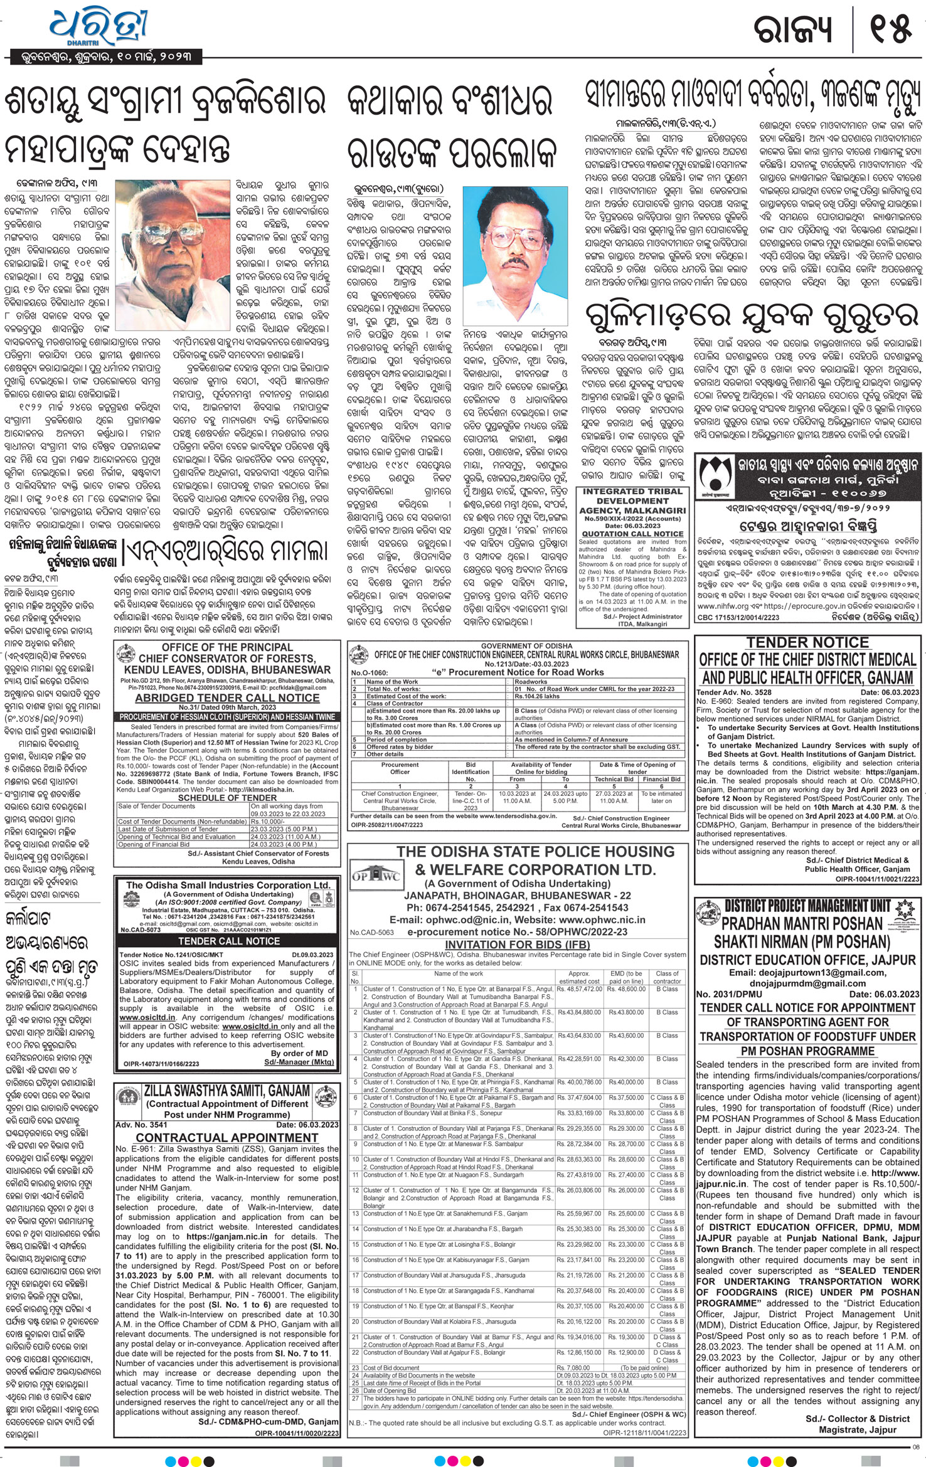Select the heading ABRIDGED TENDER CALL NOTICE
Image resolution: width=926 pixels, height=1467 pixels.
(227, 698)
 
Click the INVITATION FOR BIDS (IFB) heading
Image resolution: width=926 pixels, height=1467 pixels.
(516, 945)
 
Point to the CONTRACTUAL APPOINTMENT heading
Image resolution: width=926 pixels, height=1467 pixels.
(227, 1137)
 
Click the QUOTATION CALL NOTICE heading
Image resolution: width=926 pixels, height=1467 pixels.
(633, 534)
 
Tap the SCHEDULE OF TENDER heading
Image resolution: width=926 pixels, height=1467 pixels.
(227, 797)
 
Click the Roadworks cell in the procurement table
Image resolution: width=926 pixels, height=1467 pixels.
(531, 681)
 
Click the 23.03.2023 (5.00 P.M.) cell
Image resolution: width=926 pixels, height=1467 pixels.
(287, 829)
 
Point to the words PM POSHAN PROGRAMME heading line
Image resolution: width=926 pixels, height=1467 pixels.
(807, 1051)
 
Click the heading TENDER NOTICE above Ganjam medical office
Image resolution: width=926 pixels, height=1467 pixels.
(807, 642)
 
